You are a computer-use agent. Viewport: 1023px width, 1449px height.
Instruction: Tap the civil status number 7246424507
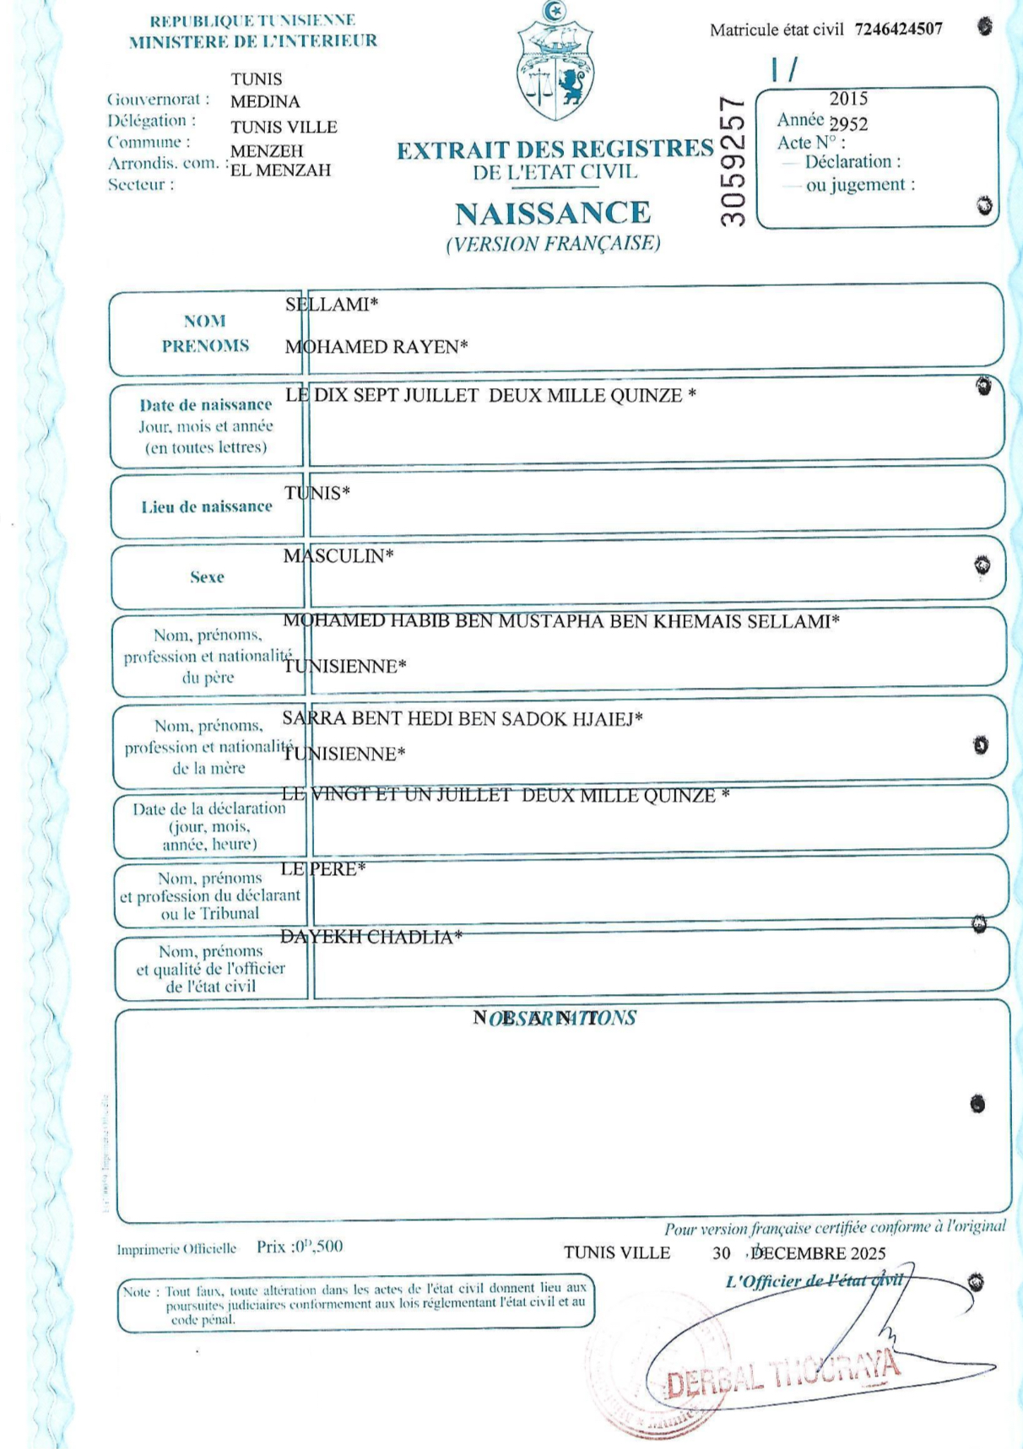click(898, 30)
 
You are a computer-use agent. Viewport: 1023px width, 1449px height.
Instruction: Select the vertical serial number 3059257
click(733, 160)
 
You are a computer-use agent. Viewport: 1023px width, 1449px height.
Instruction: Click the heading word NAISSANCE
click(553, 214)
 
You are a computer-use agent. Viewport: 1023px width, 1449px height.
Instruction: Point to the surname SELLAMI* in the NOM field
click(332, 305)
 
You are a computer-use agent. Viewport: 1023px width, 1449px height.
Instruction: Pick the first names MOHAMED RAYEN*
click(376, 347)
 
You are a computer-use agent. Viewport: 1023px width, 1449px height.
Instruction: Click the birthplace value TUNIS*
click(317, 493)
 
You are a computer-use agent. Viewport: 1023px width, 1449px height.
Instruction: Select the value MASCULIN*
click(338, 556)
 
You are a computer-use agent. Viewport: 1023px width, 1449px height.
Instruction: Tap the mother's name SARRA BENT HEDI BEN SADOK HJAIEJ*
click(463, 719)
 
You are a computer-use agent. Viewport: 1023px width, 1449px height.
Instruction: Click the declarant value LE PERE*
click(323, 869)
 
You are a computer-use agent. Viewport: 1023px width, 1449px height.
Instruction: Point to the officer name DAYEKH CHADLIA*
click(371, 937)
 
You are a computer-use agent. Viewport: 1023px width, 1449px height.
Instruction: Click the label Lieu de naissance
click(207, 506)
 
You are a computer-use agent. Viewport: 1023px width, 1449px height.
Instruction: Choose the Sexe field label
click(207, 577)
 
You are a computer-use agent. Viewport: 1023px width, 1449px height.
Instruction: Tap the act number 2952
click(848, 124)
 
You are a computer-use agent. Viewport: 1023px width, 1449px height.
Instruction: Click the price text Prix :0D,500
click(300, 1246)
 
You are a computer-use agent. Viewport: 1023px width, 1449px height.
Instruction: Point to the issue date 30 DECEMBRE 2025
click(799, 1253)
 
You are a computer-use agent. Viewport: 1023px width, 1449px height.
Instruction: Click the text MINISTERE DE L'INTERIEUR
click(252, 41)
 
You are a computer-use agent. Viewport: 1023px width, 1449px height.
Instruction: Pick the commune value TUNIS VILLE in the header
click(284, 127)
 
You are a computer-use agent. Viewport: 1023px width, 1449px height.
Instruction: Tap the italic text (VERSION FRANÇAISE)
click(553, 244)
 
